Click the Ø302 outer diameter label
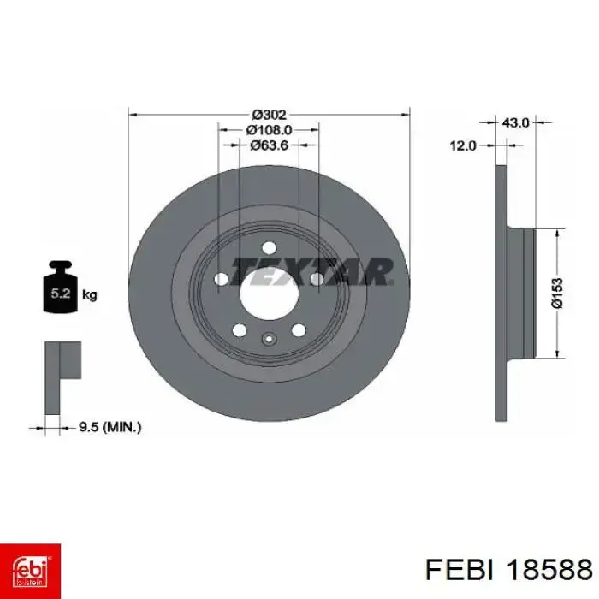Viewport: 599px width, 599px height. pyautogui.click(x=269, y=115)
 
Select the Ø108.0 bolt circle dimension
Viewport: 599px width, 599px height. pyautogui.click(x=269, y=130)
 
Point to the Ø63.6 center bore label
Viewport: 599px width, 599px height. pyautogui.click(x=269, y=145)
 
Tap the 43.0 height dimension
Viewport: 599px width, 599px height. pyautogui.click(x=515, y=122)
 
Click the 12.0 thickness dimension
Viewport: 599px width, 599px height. pyautogui.click(x=463, y=145)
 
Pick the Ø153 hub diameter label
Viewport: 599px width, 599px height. pyautogui.click(x=557, y=294)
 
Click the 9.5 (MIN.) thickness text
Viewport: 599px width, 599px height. pyautogui.click(x=110, y=427)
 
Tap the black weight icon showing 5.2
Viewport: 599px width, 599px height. pyautogui.click(x=61, y=287)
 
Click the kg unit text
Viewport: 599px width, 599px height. pyautogui.click(x=89, y=295)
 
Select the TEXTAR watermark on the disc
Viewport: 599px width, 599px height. pyautogui.click(x=311, y=271)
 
